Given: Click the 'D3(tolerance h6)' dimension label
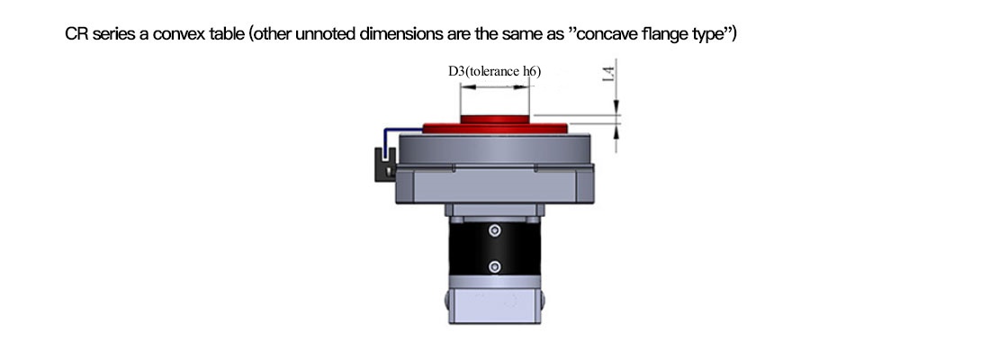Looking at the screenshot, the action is [x=494, y=71].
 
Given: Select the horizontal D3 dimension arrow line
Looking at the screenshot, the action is [x=494, y=87].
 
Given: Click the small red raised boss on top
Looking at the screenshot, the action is [x=494, y=119].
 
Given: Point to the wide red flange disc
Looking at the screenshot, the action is [x=495, y=128].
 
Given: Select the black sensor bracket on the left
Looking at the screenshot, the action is [x=384, y=165].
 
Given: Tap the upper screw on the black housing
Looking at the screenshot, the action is [x=495, y=232].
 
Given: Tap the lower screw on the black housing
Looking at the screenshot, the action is [x=495, y=266].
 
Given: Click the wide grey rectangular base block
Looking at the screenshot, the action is [x=495, y=184].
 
